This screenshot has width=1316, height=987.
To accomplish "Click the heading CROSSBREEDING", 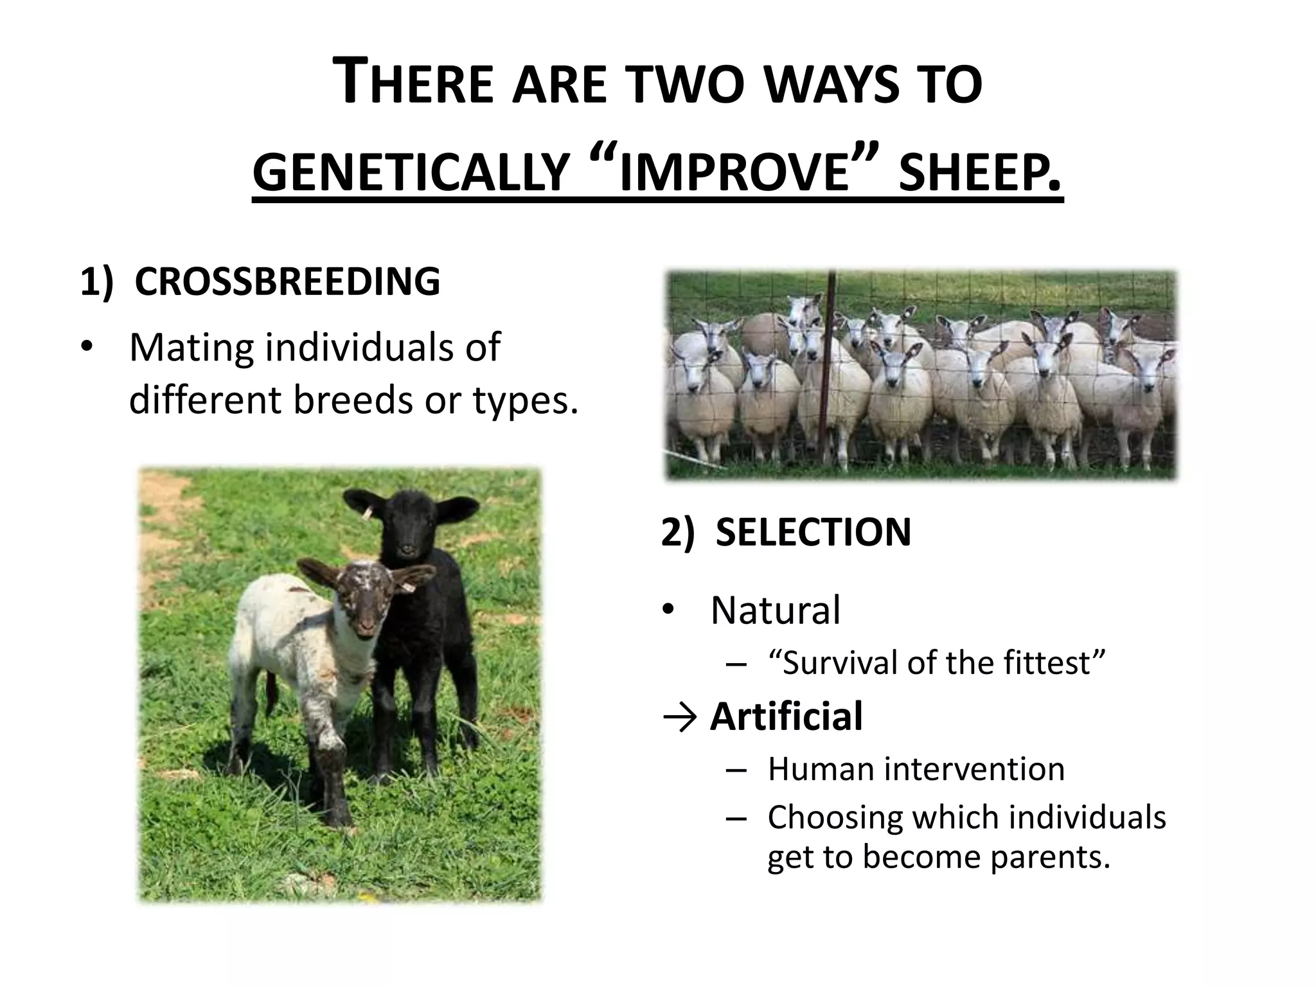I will (287, 281).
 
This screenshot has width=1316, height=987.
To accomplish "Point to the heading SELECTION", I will (813, 532).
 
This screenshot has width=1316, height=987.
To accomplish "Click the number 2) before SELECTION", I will (678, 532).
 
